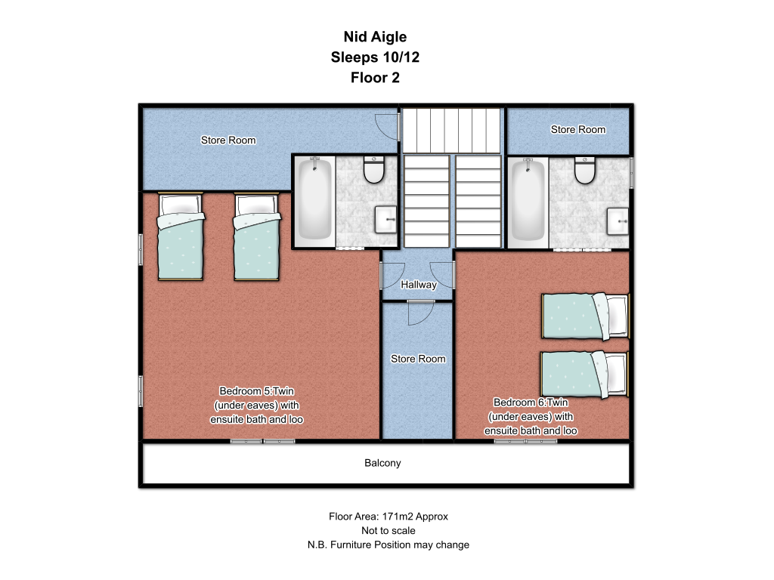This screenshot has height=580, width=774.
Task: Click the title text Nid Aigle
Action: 375,37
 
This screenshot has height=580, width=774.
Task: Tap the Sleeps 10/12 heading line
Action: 375,57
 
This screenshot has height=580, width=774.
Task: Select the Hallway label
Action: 419,285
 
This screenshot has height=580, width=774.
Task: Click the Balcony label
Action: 382,463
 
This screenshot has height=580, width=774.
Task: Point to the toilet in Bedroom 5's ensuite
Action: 373,169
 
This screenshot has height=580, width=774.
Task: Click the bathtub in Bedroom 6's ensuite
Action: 528,201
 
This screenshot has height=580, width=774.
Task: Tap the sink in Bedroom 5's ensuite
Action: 385,220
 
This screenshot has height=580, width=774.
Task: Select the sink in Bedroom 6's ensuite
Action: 618,221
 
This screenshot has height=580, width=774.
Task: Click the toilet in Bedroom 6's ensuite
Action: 585,170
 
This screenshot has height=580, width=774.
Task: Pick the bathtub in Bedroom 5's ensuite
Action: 315,199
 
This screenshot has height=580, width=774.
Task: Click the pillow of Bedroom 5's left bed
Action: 181,204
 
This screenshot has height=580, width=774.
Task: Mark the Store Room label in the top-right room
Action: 578,130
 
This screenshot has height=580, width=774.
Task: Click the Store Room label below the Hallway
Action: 418,359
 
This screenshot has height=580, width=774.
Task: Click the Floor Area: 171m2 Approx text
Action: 389,517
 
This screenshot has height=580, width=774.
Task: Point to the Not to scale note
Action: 389,531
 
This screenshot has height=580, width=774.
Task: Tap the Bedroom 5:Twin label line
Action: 257,391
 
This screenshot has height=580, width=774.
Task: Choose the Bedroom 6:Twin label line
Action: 531,403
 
